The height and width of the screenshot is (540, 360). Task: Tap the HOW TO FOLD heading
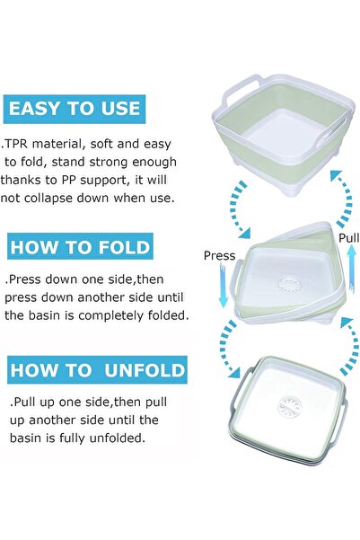pos(80,246)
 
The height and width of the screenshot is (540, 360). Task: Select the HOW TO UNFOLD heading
pos(97,370)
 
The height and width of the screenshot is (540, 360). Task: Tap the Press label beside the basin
pos(219,255)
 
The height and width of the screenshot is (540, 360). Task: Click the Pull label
pos(347,238)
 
